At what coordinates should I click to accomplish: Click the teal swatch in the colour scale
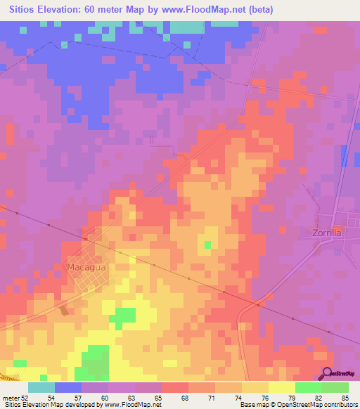[x=41, y=387]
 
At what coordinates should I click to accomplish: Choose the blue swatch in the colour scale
[x=68, y=387]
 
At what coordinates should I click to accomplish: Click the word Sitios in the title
[x=25, y=10]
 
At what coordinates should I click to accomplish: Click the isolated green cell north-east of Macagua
[x=207, y=245]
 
